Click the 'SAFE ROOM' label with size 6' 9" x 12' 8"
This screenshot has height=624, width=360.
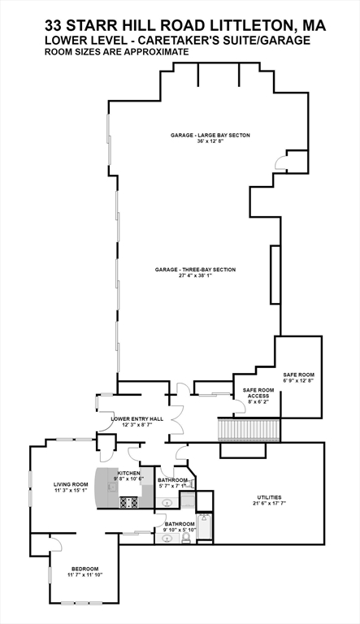click(297, 372)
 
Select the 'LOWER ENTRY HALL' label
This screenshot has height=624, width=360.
click(137, 418)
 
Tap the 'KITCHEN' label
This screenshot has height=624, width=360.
click(128, 473)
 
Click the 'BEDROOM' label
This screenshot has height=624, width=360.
click(85, 568)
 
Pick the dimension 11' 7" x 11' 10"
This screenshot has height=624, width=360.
click(85, 575)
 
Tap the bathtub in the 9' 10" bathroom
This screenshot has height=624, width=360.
click(205, 528)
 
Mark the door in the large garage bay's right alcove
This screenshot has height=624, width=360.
click(282, 162)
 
